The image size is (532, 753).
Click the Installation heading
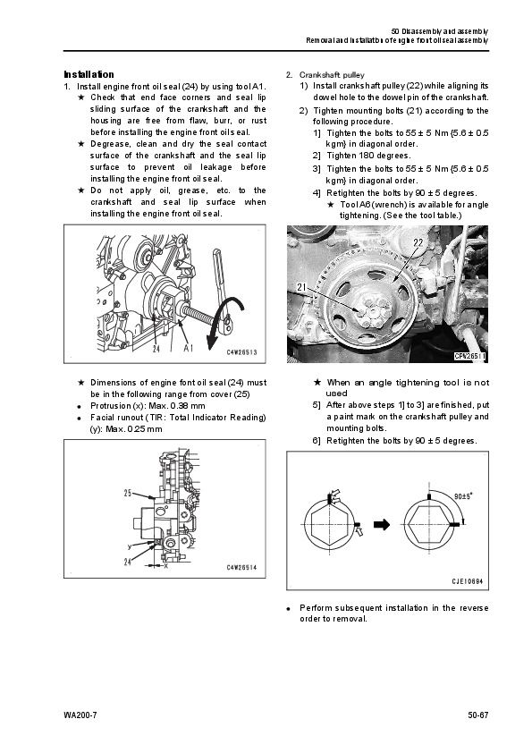pos(89,74)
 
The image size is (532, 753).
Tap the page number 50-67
pos(477,715)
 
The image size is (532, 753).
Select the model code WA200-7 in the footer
pos(80,715)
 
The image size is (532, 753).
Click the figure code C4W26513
pos(242,352)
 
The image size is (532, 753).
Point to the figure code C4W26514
pos(242,568)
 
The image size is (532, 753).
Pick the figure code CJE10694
pos(468,581)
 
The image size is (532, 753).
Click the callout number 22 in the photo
pos(418,242)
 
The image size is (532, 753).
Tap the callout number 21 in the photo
pos(301,287)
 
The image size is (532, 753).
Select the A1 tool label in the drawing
pos(189,348)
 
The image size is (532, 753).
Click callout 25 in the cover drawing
pos(128,493)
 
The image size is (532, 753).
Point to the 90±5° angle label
pos(463,496)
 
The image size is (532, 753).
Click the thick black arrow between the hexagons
pos(382,524)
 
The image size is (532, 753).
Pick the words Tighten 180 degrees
pos(368,156)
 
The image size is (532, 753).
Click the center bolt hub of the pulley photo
pos(375,313)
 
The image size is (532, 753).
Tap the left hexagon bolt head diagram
pos(329,525)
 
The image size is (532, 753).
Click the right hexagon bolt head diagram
pos(427,525)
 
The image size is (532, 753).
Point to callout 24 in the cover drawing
pos(127,562)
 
